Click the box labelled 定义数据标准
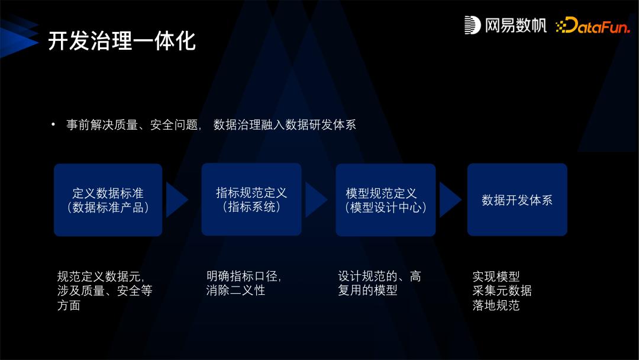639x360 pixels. [x=108, y=200]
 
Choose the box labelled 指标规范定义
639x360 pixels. [x=251, y=200]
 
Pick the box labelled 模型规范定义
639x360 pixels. [x=386, y=200]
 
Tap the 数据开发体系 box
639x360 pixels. [x=517, y=200]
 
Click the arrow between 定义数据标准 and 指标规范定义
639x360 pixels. [x=176, y=200]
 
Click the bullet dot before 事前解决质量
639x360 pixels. [x=53, y=125]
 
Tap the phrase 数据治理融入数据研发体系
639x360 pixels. [x=285, y=125]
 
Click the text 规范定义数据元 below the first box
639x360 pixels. [x=101, y=277]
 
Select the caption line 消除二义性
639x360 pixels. [x=235, y=291]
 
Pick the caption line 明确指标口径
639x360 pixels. [x=243, y=277]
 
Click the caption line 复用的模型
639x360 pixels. [x=367, y=291]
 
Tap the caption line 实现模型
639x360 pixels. [x=496, y=277]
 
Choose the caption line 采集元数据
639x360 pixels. [x=502, y=291]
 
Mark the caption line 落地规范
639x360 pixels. [x=496, y=306]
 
